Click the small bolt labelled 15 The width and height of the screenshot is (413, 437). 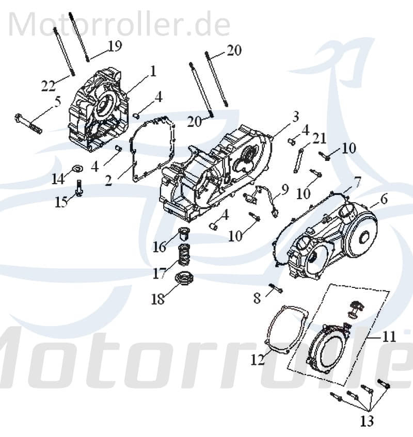click(x=80, y=189)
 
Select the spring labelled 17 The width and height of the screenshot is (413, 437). click(x=183, y=254)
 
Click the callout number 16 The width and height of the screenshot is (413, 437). click(x=160, y=247)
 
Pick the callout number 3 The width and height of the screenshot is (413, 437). click(x=295, y=117)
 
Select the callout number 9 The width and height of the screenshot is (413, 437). click(x=284, y=191)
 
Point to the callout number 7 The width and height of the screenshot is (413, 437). click(x=357, y=182)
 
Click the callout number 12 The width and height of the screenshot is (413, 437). click(x=257, y=359)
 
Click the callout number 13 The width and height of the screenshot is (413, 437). click(x=367, y=421)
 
